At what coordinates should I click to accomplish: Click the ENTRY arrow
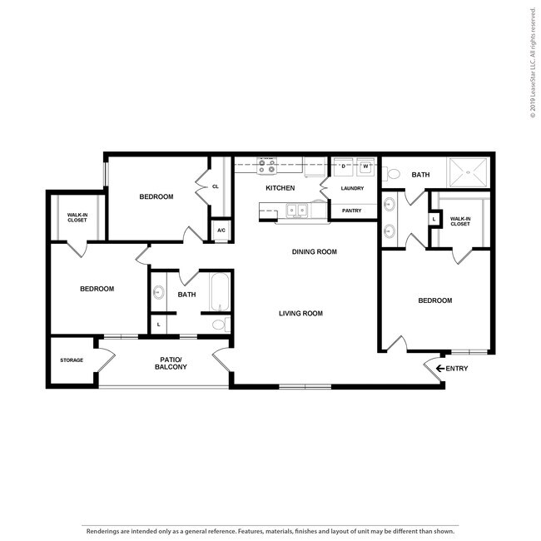(440, 369)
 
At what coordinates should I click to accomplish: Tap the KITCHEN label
(280, 188)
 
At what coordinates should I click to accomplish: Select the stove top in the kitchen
(266, 166)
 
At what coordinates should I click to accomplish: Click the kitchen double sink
(297, 210)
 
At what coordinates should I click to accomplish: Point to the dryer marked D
(343, 166)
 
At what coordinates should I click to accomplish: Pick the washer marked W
(365, 166)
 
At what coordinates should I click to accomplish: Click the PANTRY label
(351, 211)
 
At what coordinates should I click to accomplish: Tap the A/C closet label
(221, 230)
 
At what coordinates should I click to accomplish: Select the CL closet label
(216, 186)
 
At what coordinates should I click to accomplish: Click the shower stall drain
(468, 172)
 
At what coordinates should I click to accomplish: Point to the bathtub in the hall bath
(220, 292)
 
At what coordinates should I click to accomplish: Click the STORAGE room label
(72, 360)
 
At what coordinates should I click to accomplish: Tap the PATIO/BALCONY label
(171, 364)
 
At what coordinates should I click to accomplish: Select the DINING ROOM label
(315, 252)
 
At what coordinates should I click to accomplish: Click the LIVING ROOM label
(300, 313)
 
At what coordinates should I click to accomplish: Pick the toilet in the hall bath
(221, 325)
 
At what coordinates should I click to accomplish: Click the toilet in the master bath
(391, 173)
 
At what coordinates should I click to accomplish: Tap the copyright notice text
(533, 62)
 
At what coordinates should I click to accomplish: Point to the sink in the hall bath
(159, 292)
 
